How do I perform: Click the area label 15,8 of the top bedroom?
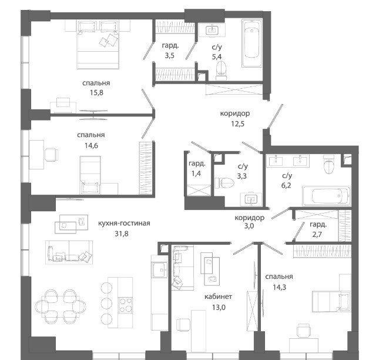point(96,92)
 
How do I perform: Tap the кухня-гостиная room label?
point(124,223)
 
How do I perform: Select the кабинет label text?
point(218,296)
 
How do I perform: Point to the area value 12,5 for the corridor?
point(237,124)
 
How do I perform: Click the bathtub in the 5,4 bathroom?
point(252,43)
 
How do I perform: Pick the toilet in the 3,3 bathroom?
point(224,183)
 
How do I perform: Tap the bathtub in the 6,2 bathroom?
point(327,196)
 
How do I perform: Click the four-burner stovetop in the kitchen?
point(125,305)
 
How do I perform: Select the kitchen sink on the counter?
point(159,269)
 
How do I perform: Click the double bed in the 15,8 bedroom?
point(98,45)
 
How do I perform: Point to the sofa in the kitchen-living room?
point(69,252)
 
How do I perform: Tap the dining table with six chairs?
point(61,306)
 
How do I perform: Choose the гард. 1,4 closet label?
point(197,168)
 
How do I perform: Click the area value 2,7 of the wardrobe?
point(317,234)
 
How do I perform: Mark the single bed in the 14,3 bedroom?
point(331,301)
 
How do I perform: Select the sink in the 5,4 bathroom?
point(212,31)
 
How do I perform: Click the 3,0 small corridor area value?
point(249,226)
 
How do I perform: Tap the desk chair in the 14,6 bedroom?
point(51,155)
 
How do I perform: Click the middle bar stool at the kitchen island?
point(106,304)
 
